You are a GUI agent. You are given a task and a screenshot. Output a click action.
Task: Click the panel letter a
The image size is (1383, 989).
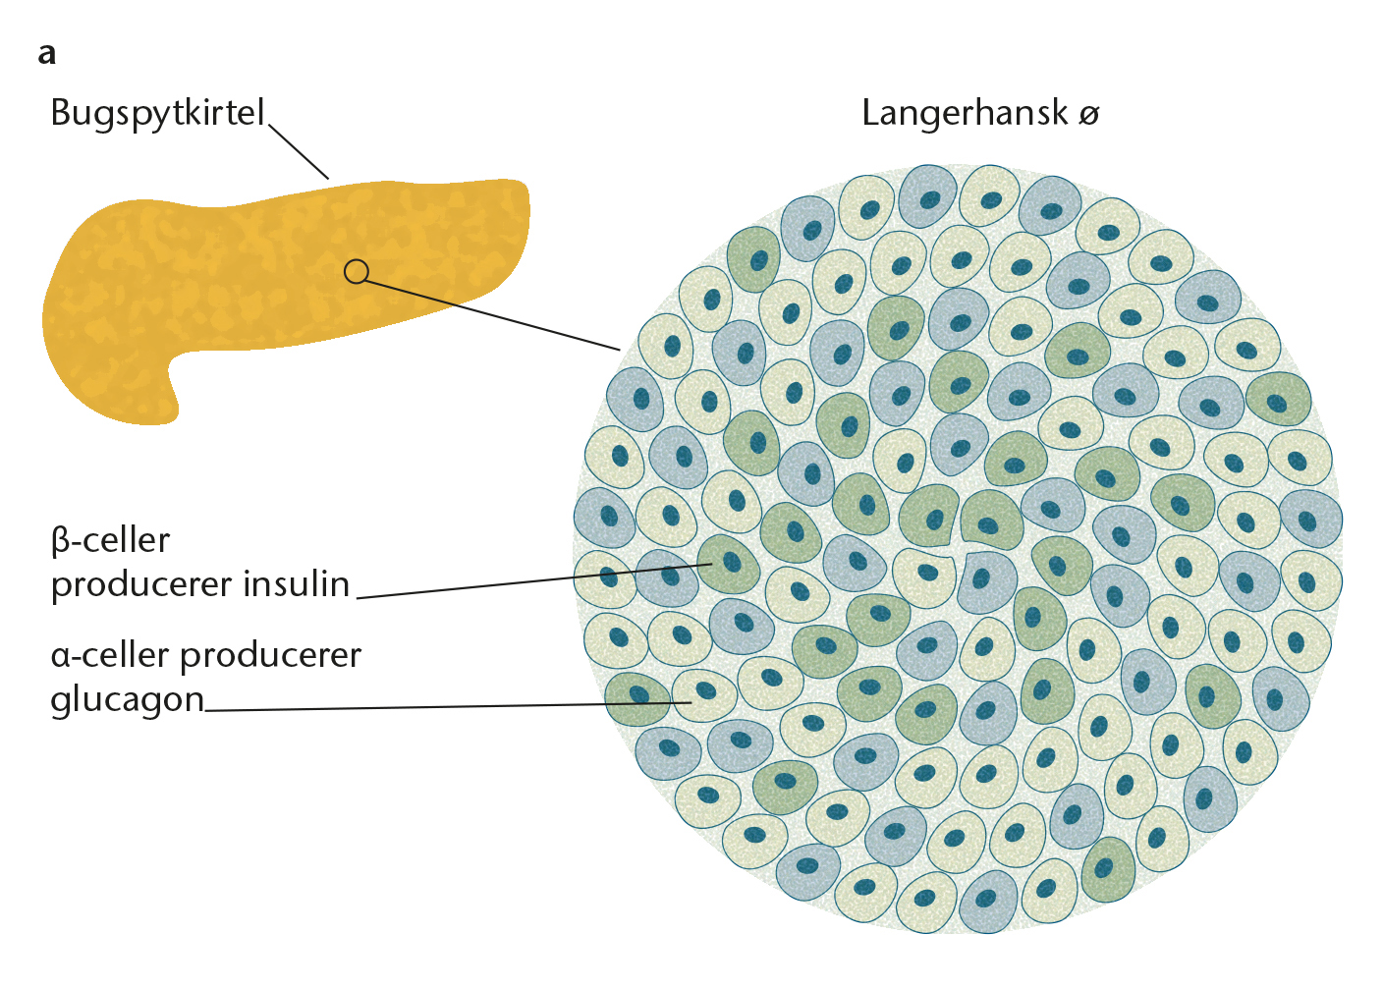47,54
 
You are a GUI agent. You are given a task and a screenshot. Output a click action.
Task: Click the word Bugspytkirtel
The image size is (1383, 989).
157,114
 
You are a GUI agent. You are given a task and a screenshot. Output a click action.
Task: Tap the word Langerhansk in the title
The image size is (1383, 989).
965,114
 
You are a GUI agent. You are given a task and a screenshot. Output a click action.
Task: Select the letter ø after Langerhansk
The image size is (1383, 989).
1089,115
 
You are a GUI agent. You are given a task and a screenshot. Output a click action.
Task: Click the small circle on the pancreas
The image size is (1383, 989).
357,271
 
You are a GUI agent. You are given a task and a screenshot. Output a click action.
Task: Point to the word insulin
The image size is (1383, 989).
297,583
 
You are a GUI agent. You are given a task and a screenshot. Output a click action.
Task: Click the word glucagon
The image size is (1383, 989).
127,700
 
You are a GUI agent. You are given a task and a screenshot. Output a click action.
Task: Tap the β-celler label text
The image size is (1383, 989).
111,541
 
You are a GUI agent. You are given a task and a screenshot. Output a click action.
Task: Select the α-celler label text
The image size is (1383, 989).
110,655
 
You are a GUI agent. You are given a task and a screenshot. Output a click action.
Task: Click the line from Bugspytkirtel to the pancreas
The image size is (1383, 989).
299,152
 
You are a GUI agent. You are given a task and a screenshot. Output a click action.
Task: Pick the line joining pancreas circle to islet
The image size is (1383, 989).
492,315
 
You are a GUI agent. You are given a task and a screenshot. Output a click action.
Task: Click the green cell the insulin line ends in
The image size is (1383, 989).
729,564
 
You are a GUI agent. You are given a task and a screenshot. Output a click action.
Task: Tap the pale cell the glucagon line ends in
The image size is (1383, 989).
704,695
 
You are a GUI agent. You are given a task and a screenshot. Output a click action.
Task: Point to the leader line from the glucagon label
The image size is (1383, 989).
448,706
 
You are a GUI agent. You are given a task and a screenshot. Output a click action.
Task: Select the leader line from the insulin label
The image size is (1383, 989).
534,581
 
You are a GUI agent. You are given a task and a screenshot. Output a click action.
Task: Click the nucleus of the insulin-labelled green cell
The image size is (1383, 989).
732,562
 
